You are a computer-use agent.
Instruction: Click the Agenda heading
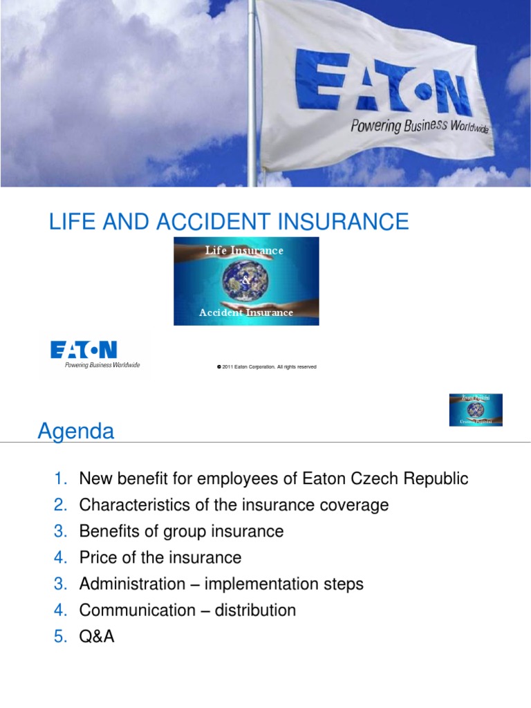pyautogui.click(x=75, y=432)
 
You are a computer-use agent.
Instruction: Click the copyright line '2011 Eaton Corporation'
pyautogui.click(x=266, y=367)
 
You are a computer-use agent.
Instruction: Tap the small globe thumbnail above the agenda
pyautogui.click(x=476, y=409)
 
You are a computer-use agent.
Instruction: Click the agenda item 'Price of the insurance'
pyautogui.click(x=160, y=557)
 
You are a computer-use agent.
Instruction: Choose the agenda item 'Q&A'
pyautogui.click(x=97, y=636)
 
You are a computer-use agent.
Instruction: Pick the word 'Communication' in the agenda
pyautogui.click(x=138, y=610)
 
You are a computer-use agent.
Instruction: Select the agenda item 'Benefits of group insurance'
pyautogui.click(x=181, y=531)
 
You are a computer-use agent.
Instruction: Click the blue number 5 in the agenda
pyautogui.click(x=59, y=636)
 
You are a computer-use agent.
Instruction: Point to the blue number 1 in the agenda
pyautogui.click(x=59, y=478)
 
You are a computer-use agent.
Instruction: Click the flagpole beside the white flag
pyautogui.click(x=251, y=93)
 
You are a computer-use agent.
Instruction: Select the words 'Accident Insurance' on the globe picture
pyautogui.click(x=246, y=313)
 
